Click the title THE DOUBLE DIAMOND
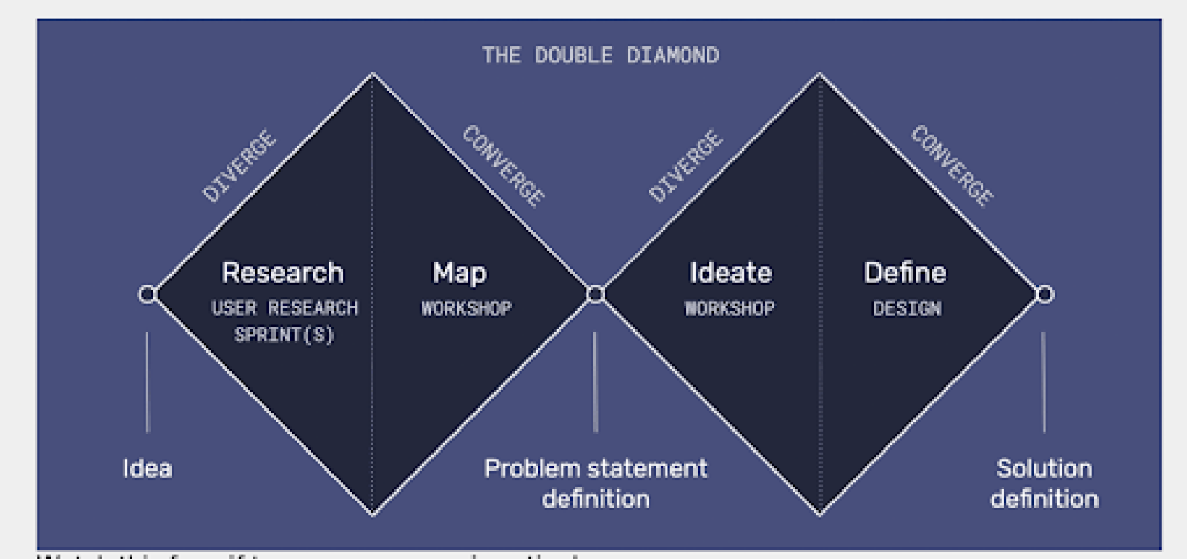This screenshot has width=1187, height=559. (x=600, y=56)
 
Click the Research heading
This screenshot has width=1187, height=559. (x=282, y=273)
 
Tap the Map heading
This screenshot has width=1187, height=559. (x=460, y=273)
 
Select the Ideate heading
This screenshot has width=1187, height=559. (x=730, y=273)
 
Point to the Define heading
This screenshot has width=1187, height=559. (x=905, y=273)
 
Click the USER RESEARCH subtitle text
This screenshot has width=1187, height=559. (x=284, y=308)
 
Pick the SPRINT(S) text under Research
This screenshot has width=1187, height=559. (x=284, y=335)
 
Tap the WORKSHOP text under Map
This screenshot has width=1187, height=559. (x=467, y=308)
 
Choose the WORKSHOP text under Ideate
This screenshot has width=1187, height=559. (x=730, y=308)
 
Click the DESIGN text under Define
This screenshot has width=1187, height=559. (x=907, y=309)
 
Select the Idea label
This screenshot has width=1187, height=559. (x=148, y=468)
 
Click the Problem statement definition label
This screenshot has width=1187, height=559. (x=596, y=483)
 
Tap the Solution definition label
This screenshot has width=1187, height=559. (x=1044, y=483)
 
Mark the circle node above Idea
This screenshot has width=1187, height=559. (x=148, y=295)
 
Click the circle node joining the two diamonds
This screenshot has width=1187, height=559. (x=596, y=295)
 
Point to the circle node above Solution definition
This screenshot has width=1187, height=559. (x=1044, y=295)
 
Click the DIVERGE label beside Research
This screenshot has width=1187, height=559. (x=239, y=167)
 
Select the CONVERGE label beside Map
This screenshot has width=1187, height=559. (x=504, y=167)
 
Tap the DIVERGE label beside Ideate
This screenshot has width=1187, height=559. (x=685, y=167)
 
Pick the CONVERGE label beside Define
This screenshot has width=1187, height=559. (x=952, y=167)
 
